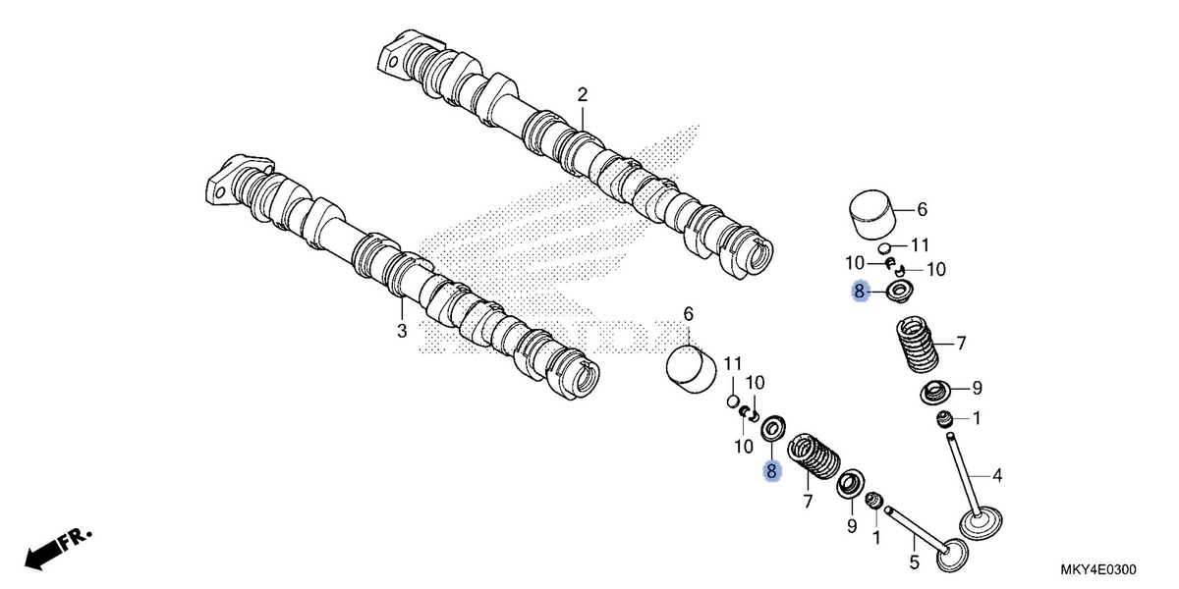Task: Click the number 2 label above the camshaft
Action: tap(582, 95)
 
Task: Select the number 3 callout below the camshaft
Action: tap(402, 331)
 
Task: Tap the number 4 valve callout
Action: tap(997, 475)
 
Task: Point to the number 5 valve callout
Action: tap(915, 562)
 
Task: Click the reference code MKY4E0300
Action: tap(1098, 569)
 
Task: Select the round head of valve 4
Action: tap(981, 521)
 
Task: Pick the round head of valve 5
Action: tap(952, 556)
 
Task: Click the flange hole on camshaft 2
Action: tap(393, 63)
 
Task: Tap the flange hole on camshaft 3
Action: tap(220, 192)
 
